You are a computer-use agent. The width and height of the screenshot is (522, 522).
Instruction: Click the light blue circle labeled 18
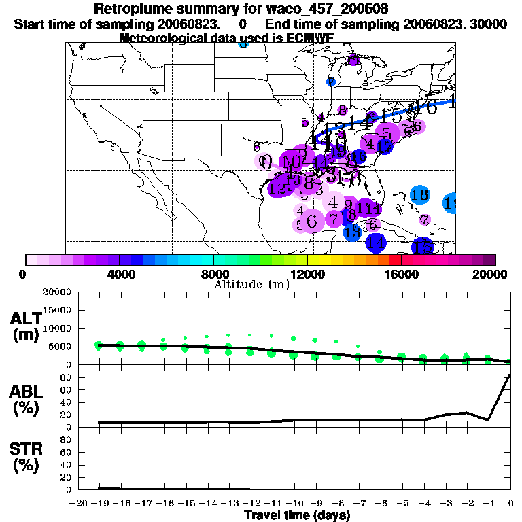(419, 195)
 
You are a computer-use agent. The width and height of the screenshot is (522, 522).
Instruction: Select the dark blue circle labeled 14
(377, 243)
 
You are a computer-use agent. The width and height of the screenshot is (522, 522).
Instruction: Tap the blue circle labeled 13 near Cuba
(352, 232)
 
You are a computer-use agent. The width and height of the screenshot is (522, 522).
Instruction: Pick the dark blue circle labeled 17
(385, 145)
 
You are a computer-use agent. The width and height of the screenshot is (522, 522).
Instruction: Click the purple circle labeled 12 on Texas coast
(278, 188)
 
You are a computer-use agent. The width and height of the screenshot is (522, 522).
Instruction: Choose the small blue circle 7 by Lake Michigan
(331, 82)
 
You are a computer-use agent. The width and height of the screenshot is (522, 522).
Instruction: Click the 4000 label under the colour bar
(119, 274)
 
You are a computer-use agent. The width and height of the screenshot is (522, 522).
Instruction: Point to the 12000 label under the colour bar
(307, 274)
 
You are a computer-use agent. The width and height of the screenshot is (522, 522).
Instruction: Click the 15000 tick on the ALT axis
(58, 310)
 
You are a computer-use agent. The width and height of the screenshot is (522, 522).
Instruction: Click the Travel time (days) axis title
(297, 515)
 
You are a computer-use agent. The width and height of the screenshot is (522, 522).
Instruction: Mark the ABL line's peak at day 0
(510, 375)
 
